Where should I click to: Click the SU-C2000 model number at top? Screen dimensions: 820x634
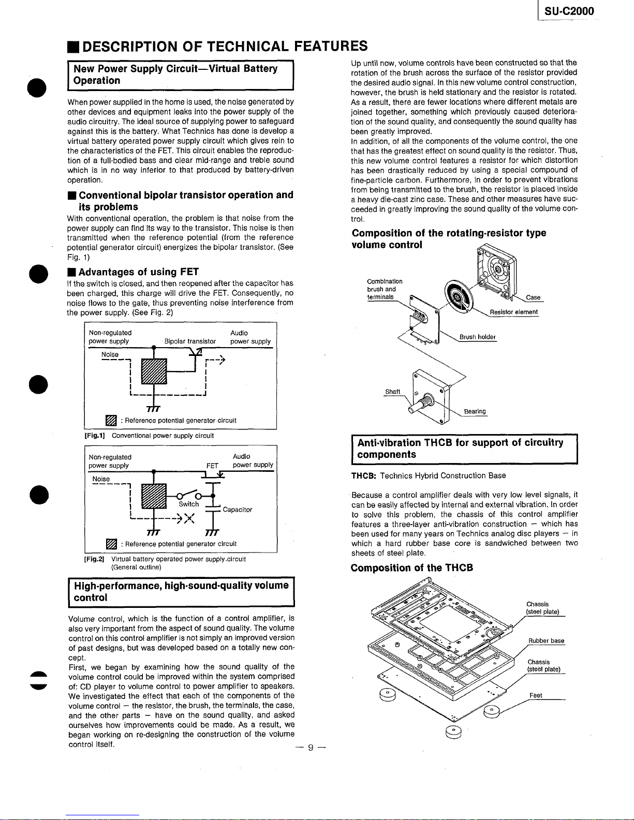pos(569,11)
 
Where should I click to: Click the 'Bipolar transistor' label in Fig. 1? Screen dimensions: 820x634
pos(190,341)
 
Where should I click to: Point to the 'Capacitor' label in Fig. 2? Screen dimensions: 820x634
pos(238,510)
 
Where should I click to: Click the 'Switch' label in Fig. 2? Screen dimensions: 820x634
pos(189,504)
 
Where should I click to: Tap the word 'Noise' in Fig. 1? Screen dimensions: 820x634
pos(110,354)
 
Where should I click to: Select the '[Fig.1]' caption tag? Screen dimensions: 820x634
pos(95,436)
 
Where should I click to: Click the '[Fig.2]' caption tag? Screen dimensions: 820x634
pos(95,559)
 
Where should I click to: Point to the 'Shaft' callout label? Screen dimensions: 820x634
pos(393,392)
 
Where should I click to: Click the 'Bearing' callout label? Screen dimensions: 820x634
pos(475,411)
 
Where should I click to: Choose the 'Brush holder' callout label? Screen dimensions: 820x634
pos(477,337)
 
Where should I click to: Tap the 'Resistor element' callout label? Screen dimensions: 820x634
pos(513,312)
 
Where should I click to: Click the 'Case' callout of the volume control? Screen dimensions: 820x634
pos(533,297)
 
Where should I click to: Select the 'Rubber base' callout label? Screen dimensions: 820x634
pos(546,641)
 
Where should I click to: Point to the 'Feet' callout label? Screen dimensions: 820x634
pos(536,695)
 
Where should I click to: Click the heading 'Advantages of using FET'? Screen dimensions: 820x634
pos(139,272)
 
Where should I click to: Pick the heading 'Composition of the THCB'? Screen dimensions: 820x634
pos(411,568)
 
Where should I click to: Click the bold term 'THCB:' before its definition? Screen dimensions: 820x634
pos(363,475)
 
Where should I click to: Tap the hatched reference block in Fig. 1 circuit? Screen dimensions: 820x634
pos(154,371)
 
